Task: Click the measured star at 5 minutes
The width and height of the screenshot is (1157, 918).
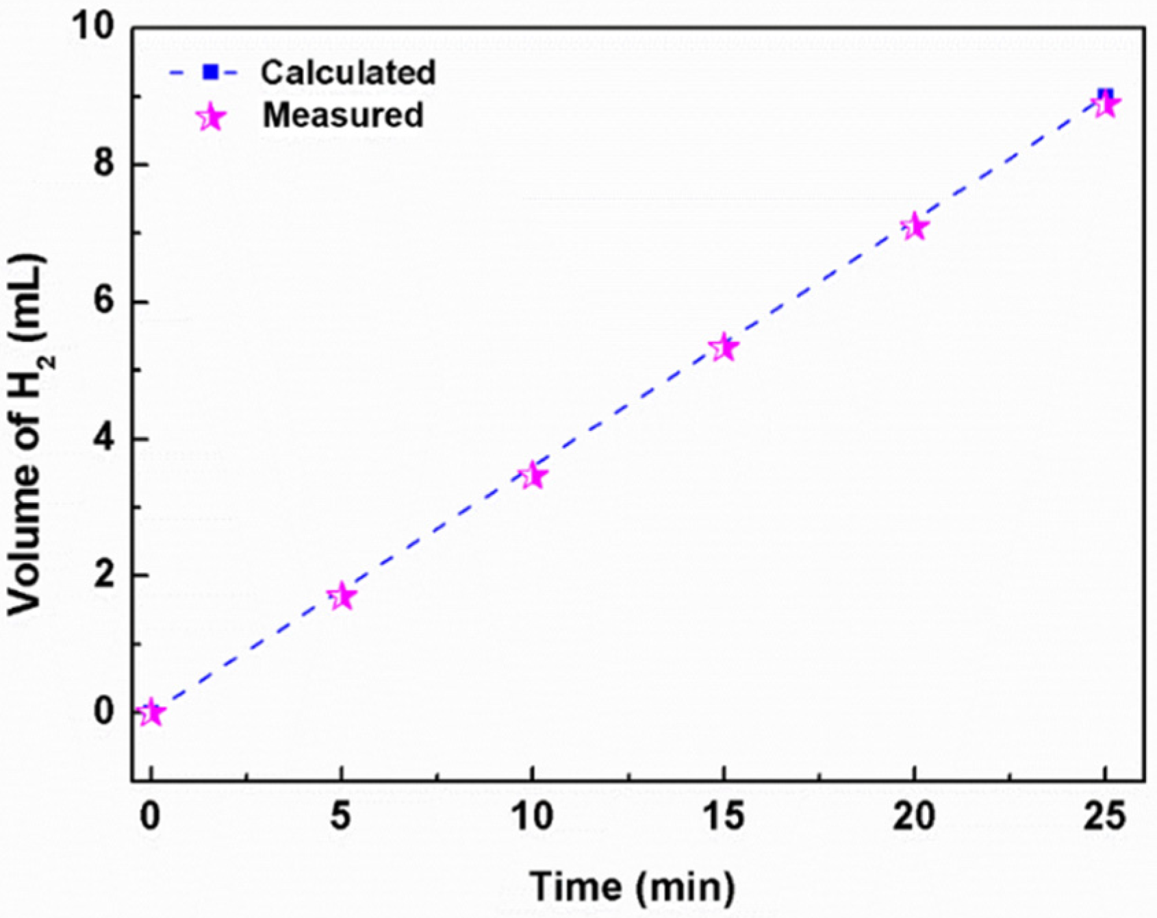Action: pos(342,597)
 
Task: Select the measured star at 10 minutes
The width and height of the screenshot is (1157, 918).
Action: pos(533,475)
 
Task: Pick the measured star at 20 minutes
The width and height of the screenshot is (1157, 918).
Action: pos(914,227)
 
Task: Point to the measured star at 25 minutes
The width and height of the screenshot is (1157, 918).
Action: pos(1105,105)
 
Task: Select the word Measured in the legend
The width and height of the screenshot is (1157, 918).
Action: pos(343,115)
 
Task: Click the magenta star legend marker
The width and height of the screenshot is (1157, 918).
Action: pos(211,118)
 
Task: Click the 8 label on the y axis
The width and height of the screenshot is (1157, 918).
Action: pos(103,165)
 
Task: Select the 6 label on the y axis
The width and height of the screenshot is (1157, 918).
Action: pos(103,302)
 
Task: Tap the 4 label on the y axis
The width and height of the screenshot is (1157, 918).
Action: pos(103,438)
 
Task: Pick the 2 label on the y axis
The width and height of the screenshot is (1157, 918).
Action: pos(103,575)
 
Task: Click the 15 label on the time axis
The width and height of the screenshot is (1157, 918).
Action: pos(724,817)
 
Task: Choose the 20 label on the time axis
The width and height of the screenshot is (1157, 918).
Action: pos(914,817)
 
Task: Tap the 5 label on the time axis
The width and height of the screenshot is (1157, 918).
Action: pos(342,817)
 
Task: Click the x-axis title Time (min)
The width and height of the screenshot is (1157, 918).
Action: pos(631,886)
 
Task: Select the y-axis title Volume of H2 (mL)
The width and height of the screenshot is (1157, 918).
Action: pos(27,436)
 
